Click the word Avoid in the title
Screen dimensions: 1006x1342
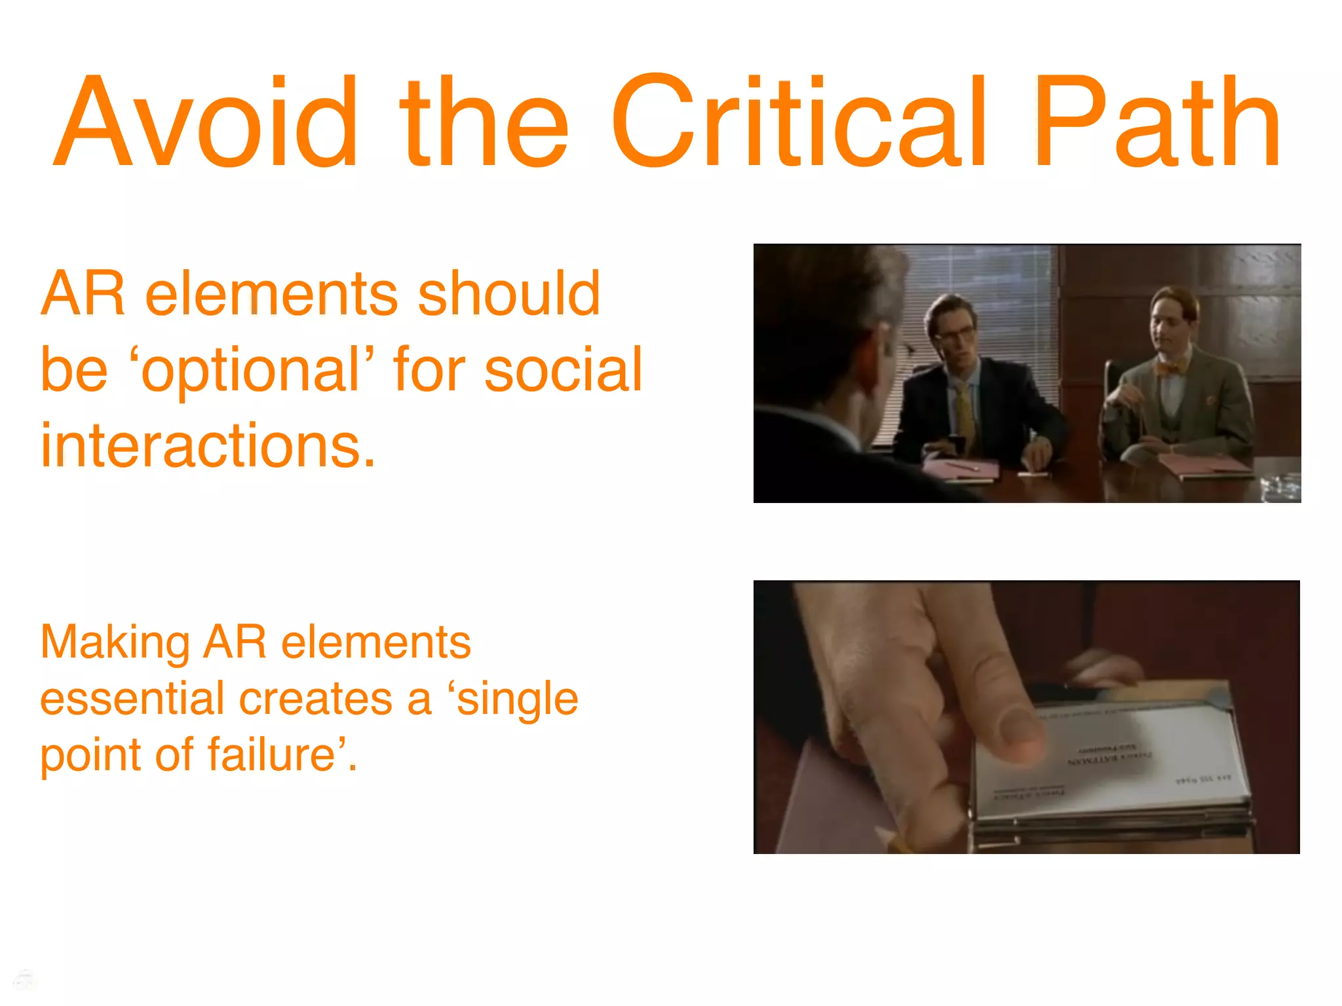tap(206, 122)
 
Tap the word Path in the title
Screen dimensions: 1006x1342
tap(1157, 122)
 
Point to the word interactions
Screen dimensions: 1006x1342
tap(208, 446)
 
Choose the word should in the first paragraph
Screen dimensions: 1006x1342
tap(508, 294)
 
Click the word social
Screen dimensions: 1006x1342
tap(564, 371)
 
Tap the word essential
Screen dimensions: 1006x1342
tap(132, 699)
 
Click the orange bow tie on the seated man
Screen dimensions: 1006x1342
tap(1171, 367)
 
